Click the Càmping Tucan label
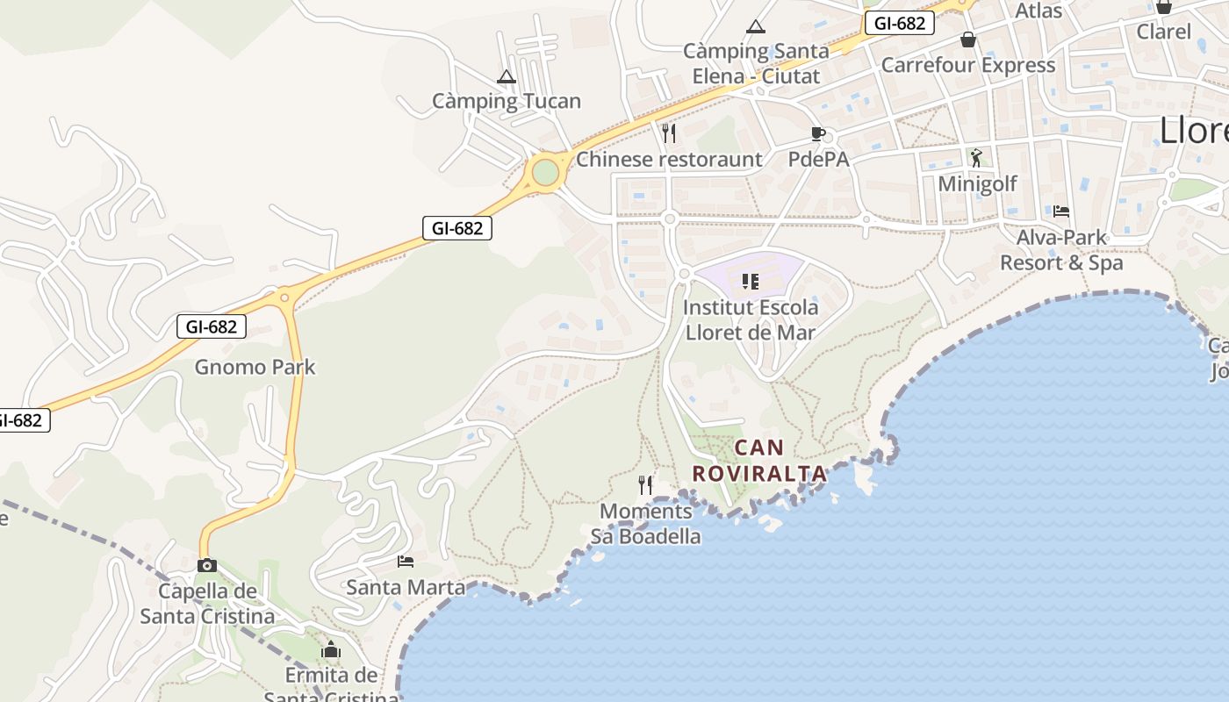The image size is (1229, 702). (x=506, y=101)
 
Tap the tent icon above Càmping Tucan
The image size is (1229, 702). (x=506, y=77)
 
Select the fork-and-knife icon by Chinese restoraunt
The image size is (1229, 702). (x=669, y=133)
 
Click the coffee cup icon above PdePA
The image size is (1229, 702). (x=818, y=133)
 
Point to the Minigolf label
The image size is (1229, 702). (x=977, y=183)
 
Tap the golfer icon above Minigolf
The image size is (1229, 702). (x=976, y=158)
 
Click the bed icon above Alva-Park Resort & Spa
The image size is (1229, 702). (x=1061, y=211)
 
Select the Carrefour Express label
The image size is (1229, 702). (x=967, y=65)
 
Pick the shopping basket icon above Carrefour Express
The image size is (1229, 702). (x=968, y=39)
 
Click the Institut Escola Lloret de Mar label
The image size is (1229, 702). (x=751, y=320)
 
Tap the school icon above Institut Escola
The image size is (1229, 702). (x=750, y=281)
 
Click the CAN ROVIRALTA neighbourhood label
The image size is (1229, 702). (x=759, y=461)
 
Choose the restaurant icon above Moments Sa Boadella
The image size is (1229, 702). (x=645, y=484)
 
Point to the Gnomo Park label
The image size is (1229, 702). (x=255, y=367)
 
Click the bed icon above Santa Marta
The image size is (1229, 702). (x=405, y=561)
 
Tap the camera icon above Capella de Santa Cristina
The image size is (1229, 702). (x=206, y=565)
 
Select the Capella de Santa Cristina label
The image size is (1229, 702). (x=207, y=604)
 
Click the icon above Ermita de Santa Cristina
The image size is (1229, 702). (x=331, y=650)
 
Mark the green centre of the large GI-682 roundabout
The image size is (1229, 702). (x=545, y=172)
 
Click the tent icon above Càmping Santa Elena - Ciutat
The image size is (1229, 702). (x=755, y=27)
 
